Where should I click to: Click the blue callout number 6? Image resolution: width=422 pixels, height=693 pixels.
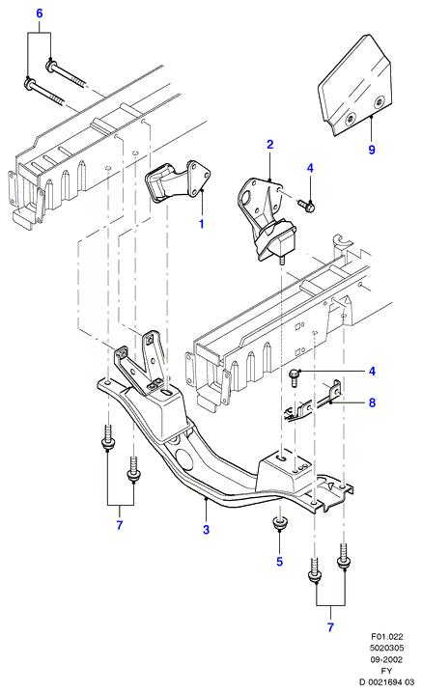[x=40, y=14]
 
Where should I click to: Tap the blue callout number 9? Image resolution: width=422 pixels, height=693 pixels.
[x=372, y=150]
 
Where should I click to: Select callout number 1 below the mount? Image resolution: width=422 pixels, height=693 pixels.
[x=201, y=224]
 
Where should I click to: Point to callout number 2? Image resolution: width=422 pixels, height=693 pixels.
[x=269, y=144]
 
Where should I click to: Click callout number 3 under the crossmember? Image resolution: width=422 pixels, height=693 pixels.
[x=206, y=529]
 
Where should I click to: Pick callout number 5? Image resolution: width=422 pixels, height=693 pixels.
[x=280, y=562]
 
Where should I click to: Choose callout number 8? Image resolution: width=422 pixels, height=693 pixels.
[x=372, y=402]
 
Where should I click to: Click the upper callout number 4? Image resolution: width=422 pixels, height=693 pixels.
[x=310, y=168]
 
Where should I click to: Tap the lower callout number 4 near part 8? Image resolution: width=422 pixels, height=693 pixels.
[x=372, y=372]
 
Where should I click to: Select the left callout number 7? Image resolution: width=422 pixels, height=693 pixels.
[x=120, y=525]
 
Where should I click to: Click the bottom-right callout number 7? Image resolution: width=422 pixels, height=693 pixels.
[x=330, y=626]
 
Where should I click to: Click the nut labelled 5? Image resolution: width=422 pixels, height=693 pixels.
[x=279, y=523]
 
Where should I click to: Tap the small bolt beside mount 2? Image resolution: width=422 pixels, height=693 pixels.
[x=306, y=205]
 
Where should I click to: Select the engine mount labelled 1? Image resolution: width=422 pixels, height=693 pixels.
[x=178, y=183]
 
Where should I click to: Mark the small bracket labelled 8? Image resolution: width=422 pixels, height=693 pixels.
[x=312, y=402]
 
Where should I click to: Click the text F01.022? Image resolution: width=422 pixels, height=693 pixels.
[x=387, y=637]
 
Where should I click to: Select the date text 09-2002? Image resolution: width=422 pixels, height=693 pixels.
[x=387, y=660]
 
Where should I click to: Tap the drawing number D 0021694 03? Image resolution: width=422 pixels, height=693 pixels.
[x=387, y=682]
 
